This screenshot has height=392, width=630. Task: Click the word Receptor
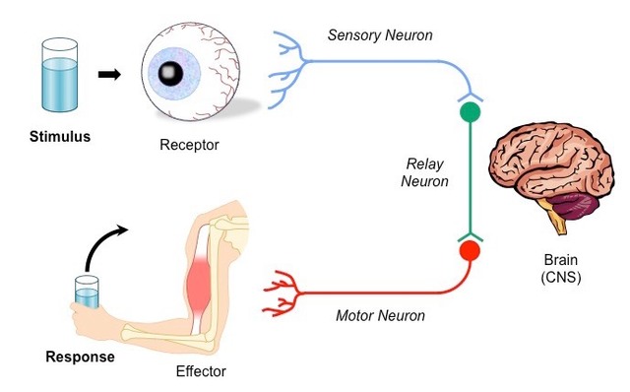tap(189, 145)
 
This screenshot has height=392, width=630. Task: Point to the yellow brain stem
tap(557, 224)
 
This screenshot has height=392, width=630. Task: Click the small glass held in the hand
tap(88, 293)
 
